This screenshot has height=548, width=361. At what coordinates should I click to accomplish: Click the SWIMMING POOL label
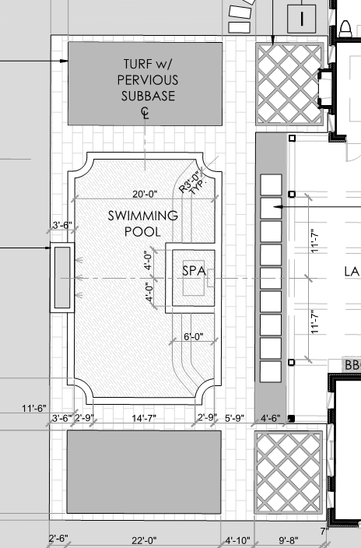tap(142, 223)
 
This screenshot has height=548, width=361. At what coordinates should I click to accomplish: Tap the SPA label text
tap(194, 271)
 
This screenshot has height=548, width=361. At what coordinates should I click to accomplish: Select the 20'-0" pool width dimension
tap(145, 194)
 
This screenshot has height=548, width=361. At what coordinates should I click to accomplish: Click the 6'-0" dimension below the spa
tap(194, 336)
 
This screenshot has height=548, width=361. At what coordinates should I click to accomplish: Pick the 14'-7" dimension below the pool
tap(144, 418)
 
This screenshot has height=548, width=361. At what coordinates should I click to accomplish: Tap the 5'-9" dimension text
tap(234, 418)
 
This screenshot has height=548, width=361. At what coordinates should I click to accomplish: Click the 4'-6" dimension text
tap(271, 418)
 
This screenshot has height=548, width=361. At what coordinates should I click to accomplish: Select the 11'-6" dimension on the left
tap(34, 408)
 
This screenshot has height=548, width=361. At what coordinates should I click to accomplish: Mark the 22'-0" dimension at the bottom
tap(144, 541)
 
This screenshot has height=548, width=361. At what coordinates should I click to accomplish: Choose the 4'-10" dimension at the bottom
tap(237, 541)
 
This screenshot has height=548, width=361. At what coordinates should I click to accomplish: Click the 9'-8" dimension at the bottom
tap(289, 541)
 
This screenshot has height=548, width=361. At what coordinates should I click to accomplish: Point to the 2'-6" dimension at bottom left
tap(58, 539)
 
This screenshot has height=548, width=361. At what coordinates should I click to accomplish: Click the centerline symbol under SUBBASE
tap(145, 113)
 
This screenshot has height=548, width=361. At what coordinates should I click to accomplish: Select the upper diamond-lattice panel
tap(289, 84)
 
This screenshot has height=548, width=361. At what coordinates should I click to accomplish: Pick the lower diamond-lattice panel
tap(289, 472)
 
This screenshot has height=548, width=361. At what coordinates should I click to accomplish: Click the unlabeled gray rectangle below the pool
tap(144, 472)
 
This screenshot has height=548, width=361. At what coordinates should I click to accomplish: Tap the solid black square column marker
tap(292, 418)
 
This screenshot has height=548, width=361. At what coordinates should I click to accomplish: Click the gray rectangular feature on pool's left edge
tap(62, 277)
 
